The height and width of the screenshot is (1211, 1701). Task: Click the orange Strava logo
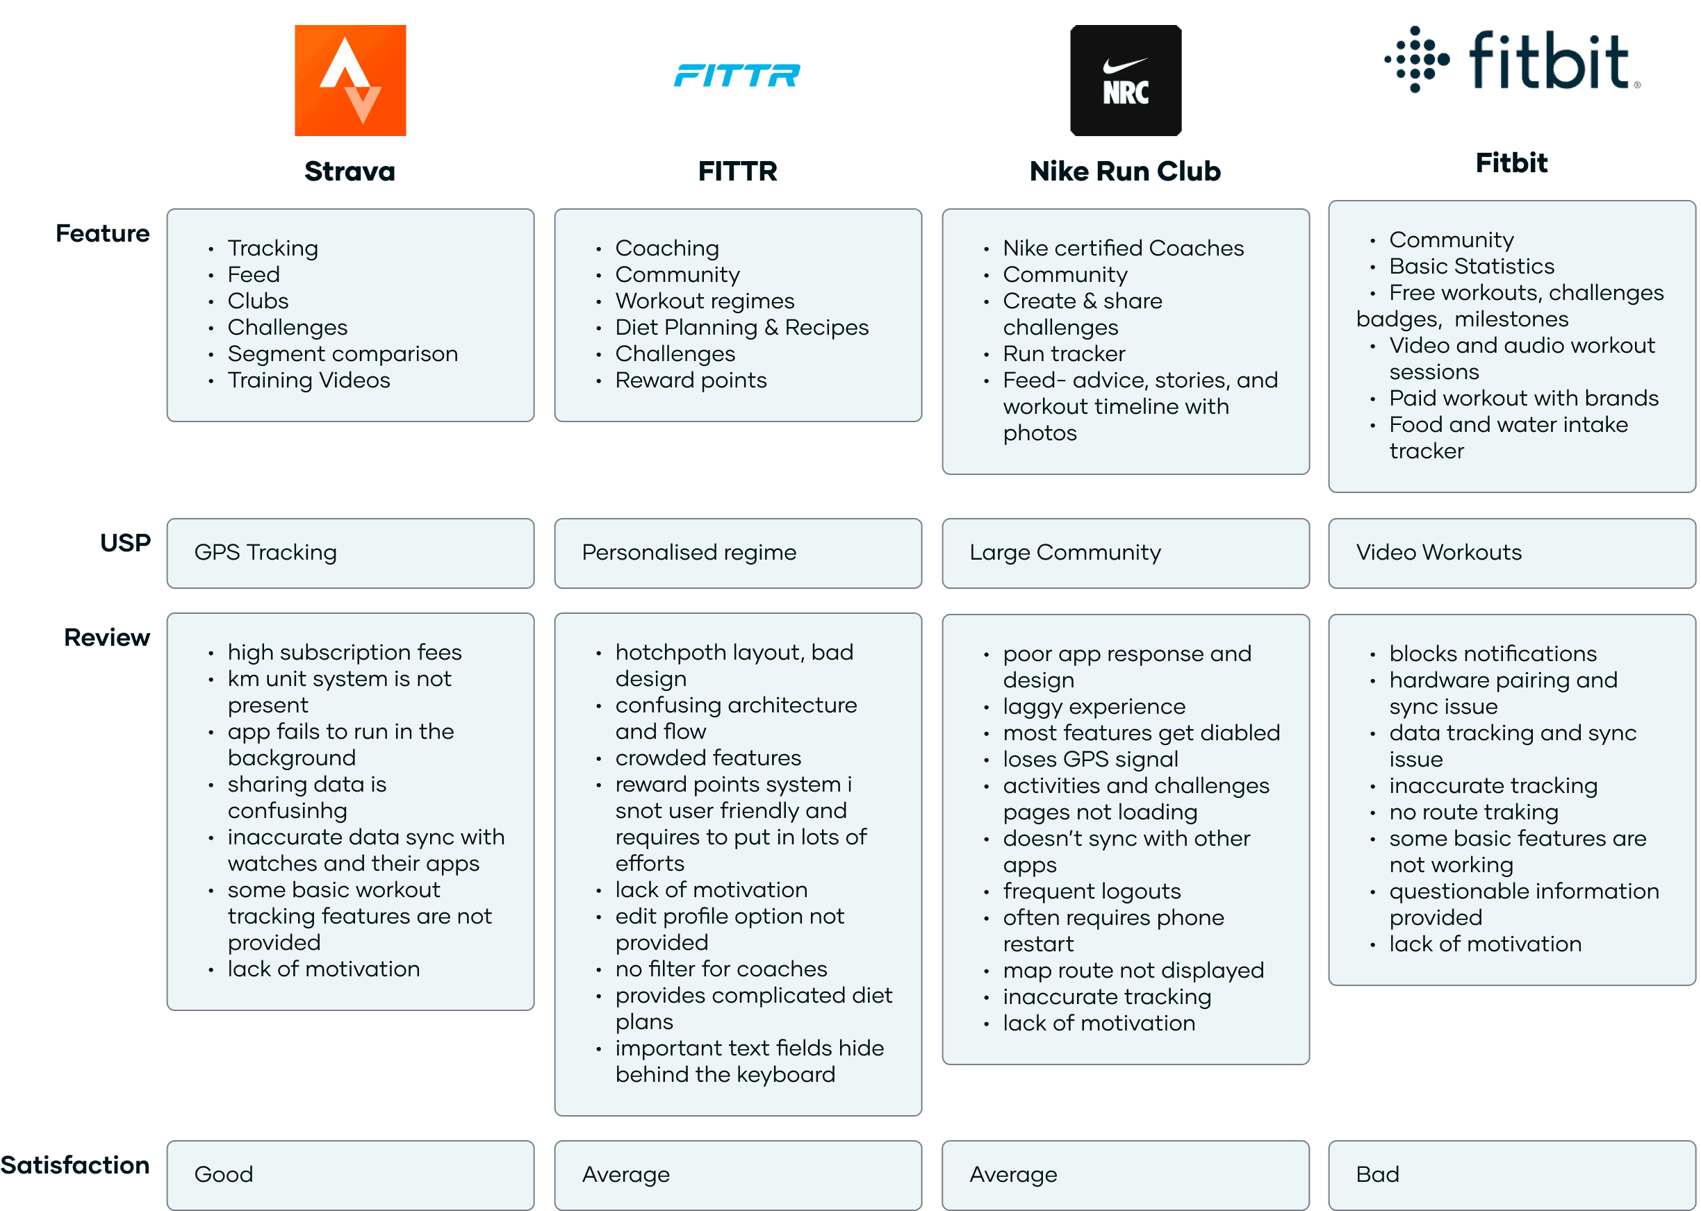[x=350, y=81]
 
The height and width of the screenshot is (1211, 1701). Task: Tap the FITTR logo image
[x=738, y=81]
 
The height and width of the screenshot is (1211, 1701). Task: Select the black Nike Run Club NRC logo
[x=1125, y=81]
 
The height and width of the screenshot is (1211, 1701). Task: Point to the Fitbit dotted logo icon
[x=1417, y=60]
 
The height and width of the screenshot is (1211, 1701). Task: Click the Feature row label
[x=102, y=233]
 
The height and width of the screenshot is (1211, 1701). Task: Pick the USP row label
[x=124, y=543]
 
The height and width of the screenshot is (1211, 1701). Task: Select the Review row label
[x=107, y=637]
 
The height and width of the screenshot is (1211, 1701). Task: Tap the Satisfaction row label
[x=74, y=1164]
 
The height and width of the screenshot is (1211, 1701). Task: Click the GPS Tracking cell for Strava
[x=265, y=553]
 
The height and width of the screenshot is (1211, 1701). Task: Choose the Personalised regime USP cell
[x=689, y=553]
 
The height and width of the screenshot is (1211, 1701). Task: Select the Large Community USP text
[x=1065, y=553]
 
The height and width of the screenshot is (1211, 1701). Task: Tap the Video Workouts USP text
[x=1438, y=553]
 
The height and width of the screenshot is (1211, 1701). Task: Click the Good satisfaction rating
[x=224, y=1174]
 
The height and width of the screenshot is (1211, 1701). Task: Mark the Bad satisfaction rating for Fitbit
[x=1377, y=1174]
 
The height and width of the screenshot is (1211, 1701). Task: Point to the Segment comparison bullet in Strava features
[x=343, y=353]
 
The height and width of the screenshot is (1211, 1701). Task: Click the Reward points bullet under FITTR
[x=691, y=381]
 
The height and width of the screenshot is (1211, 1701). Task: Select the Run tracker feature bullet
[x=1064, y=353]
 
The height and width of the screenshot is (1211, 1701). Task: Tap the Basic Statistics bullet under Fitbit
[x=1471, y=266]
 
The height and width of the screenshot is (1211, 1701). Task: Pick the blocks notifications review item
[x=1492, y=653]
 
